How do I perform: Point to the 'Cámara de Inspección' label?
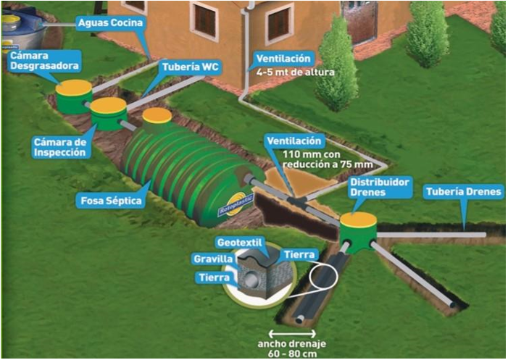click(61, 148)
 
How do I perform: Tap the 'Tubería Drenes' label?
click(459, 193)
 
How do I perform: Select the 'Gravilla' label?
click(212, 259)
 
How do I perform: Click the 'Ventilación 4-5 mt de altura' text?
click(286, 64)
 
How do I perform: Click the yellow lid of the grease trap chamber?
click(75, 88)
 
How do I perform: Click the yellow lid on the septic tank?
click(157, 115)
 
